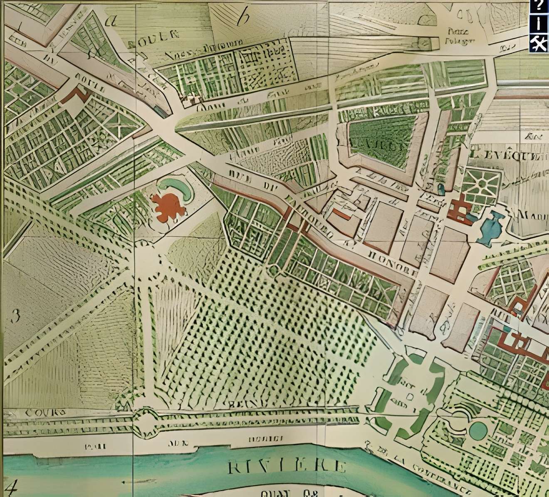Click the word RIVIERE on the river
[287, 466]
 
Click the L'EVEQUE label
[508, 155]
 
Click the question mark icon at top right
[539, 6]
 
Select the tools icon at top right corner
[539, 43]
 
